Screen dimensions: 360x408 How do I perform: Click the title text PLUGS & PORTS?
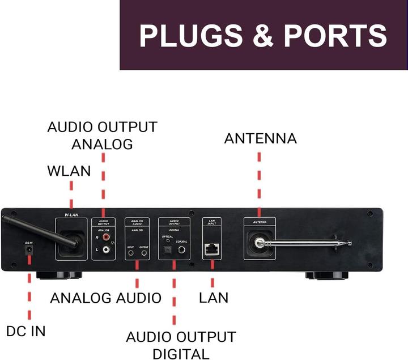tap(263, 35)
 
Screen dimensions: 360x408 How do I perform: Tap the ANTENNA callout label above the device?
tap(260, 138)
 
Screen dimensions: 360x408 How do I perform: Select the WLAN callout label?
tap(69, 171)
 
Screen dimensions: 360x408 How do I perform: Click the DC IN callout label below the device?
tap(26, 331)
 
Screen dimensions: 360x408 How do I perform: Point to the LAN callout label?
tap(214, 297)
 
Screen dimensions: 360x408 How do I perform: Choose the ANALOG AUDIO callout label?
tap(106, 297)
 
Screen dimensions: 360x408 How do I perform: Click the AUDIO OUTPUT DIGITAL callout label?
tap(180, 345)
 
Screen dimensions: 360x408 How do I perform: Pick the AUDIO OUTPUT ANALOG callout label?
tap(102, 135)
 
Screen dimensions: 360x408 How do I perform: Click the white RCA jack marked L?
tap(106, 249)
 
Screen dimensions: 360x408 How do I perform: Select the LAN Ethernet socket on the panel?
tap(212, 249)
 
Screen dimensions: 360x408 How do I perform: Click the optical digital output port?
tap(168, 249)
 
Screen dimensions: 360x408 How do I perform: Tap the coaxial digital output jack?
tap(182, 249)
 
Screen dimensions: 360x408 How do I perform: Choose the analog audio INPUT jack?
tap(131, 253)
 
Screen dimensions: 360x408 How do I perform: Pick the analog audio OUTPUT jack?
tap(144, 253)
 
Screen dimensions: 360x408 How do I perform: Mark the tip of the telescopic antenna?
tap(349, 243)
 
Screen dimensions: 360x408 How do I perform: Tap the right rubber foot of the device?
tap(326, 276)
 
